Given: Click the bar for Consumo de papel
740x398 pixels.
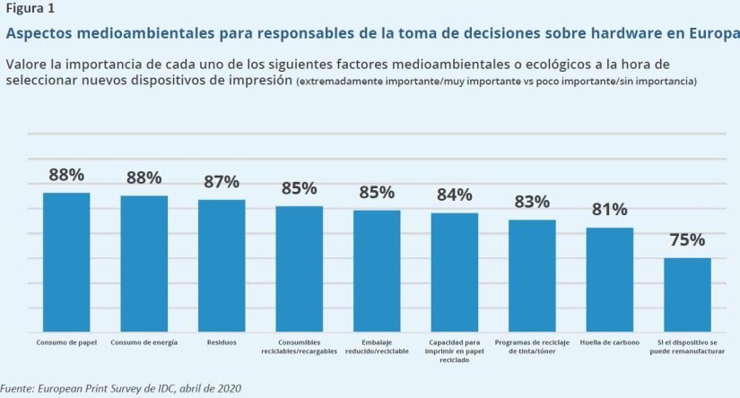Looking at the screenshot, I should [x=66, y=262].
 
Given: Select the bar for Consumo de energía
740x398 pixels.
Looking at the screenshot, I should [x=144, y=264].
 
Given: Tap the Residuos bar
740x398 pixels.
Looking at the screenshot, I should [x=222, y=265].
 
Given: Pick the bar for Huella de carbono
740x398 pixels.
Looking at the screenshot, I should [x=610, y=280].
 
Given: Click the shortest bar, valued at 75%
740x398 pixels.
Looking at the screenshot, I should [x=687, y=295].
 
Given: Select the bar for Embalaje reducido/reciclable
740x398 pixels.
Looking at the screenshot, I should [x=377, y=271].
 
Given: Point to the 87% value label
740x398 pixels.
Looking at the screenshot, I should [x=222, y=182].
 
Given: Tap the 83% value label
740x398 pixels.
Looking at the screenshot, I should [x=532, y=202].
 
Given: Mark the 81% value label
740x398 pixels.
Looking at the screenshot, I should [x=610, y=210].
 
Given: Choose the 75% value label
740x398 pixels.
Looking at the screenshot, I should [x=687, y=240].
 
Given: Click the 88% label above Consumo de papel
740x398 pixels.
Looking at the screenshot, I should [x=66, y=175].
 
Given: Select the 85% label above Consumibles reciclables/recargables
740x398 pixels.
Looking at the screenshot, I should [x=299, y=188].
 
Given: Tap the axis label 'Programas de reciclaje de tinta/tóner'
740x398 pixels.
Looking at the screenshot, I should [x=532, y=347].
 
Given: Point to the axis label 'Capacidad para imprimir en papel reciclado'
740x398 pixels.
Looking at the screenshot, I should [x=455, y=350].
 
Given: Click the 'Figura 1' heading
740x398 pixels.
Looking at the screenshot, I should [x=27, y=9].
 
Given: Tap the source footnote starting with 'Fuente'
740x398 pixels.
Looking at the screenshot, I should [x=121, y=389].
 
